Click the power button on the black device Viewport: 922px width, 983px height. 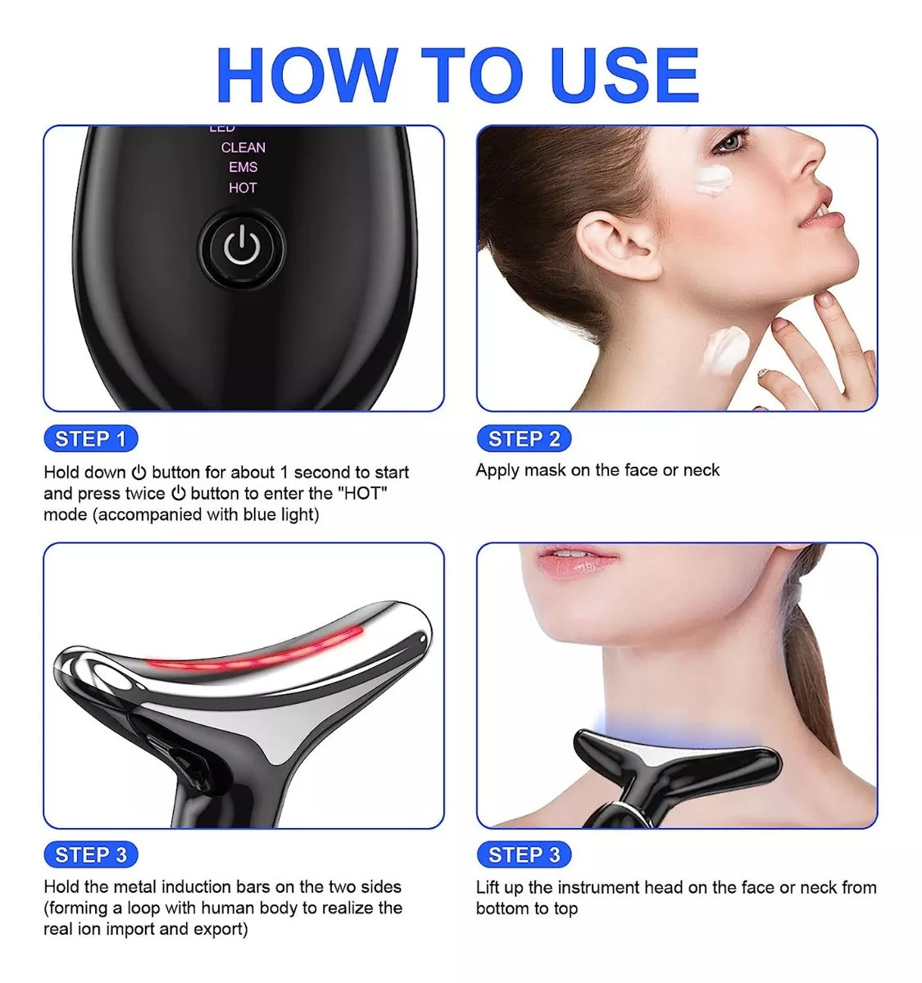(242, 247)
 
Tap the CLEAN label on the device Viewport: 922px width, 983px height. (243, 147)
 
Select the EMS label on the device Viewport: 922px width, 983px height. (243, 167)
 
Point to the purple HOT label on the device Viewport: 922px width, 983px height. (243, 188)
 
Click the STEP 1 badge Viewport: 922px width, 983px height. (91, 438)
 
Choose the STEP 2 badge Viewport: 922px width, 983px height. (524, 438)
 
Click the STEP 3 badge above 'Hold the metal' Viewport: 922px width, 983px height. (91, 854)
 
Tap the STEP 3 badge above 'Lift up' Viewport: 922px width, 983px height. (524, 854)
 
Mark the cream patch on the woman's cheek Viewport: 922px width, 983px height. (712, 181)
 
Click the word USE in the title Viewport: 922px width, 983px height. (627, 75)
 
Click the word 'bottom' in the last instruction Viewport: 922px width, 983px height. (501, 908)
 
